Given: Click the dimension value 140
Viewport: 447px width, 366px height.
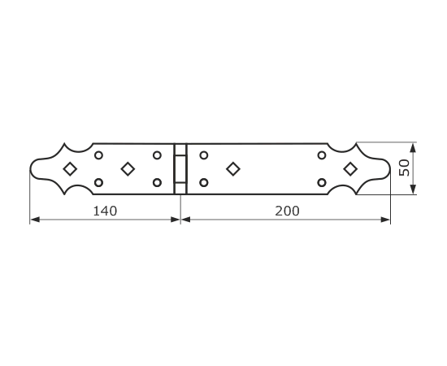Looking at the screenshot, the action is tap(105, 211).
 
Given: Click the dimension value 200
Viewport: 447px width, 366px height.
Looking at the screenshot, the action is tap(287, 211).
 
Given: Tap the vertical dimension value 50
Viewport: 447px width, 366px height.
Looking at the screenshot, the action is tap(404, 168).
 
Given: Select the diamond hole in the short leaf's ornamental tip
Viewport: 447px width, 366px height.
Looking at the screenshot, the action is tap(70, 169).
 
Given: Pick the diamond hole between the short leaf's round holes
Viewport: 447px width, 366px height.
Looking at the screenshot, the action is tap(128, 169).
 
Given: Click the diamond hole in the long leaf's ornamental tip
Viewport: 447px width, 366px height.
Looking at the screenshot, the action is tap(350, 169).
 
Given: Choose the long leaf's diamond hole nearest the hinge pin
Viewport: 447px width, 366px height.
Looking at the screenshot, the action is tap(233, 169).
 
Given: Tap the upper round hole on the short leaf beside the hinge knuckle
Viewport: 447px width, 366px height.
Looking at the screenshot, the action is tap(157, 155).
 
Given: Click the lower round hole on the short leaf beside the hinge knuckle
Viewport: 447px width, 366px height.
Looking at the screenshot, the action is tap(157, 182).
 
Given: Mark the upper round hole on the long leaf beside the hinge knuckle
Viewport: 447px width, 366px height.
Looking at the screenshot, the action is tap(203, 155).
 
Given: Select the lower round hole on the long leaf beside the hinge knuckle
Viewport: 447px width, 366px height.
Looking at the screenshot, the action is tap(203, 182).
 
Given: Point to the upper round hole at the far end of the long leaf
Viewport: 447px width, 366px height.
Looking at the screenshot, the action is tap(322, 155).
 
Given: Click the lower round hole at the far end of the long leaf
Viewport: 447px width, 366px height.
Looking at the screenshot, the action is tap(322, 182).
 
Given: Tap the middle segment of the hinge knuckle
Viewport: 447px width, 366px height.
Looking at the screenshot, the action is tap(180, 169).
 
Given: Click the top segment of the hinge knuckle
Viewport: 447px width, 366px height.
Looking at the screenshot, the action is tap(180, 150).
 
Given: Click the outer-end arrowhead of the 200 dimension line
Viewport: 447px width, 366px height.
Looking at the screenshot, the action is tap(385, 220).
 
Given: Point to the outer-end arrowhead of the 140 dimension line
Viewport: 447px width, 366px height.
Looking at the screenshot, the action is tap(35, 220).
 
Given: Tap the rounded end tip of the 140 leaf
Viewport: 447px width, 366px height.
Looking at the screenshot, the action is tap(30, 169).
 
